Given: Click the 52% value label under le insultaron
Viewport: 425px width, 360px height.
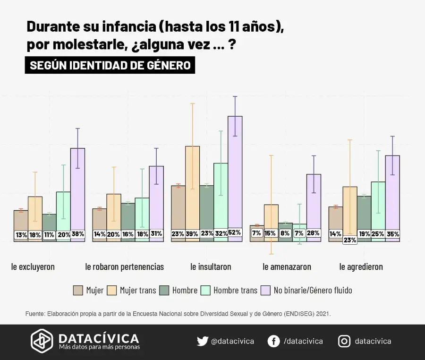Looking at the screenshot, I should (235, 232).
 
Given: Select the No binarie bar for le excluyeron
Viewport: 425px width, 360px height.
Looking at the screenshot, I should (78, 189).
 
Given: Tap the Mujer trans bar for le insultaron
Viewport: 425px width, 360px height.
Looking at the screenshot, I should (192, 189).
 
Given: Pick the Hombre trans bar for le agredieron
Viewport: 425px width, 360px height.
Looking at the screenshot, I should (378, 208).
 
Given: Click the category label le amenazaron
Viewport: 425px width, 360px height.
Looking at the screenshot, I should (287, 267).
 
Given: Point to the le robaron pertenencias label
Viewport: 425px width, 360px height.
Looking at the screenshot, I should (125, 267).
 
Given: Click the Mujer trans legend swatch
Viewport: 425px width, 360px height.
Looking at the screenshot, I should (112, 290).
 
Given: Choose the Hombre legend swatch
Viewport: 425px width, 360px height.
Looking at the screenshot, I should (164, 290).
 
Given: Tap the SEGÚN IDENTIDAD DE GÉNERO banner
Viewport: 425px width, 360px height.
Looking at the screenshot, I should (110, 65).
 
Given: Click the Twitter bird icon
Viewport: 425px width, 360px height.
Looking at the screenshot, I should (202, 341).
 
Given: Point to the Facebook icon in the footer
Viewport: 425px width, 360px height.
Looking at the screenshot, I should (273, 341).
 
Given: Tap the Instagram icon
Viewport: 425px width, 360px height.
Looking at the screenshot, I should (344, 341).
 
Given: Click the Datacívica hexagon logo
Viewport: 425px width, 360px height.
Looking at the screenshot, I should (42, 341).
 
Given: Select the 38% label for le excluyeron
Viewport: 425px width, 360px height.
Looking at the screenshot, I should (78, 234).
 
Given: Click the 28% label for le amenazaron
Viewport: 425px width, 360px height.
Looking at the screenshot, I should (314, 233).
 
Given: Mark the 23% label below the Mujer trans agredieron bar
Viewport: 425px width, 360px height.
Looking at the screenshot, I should (350, 240).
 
